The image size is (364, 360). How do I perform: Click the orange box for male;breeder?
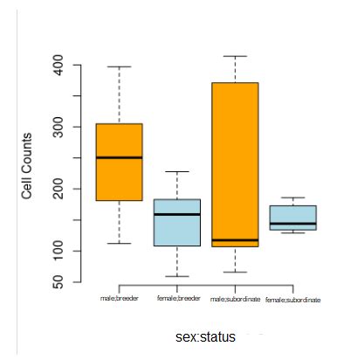click(119, 183)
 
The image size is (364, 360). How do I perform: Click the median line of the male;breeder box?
click(119, 157)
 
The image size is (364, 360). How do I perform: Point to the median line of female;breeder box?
click(177, 214)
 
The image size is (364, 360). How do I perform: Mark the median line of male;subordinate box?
click(235, 239)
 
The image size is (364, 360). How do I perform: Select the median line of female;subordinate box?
click(292, 224)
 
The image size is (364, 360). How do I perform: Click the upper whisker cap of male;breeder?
click(119, 66)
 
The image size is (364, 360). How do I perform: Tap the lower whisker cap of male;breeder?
click(119, 243)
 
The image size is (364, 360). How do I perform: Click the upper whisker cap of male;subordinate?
click(235, 56)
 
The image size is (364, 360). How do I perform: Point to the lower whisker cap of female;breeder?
click(177, 276)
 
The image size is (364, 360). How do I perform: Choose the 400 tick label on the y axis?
click(58, 66)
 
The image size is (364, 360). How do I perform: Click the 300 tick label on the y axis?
click(58, 128)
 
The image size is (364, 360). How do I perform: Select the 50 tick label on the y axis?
click(58, 282)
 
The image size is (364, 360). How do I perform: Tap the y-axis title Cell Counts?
click(27, 166)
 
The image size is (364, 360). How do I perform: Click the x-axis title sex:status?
click(205, 336)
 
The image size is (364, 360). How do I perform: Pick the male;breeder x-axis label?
click(120, 299)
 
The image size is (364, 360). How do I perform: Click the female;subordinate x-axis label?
click(293, 300)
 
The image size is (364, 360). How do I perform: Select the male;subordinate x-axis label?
click(236, 299)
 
